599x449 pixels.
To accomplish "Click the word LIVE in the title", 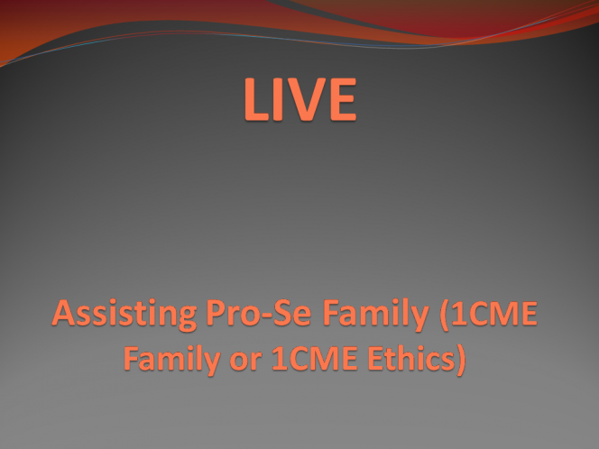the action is [300, 99].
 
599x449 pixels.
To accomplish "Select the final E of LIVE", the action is [344, 99].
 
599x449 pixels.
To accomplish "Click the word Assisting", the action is [124, 315].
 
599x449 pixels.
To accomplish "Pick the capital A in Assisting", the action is [63, 313].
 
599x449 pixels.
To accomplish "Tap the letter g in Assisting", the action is [187, 318].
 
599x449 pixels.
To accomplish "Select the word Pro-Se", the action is [258, 313].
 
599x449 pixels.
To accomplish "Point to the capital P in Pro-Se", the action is [215, 313].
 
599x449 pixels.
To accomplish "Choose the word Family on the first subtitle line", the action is [376, 315].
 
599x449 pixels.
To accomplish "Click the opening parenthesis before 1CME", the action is [444, 315].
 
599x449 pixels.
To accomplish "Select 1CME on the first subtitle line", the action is [494, 313].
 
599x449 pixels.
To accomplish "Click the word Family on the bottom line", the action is [172, 360].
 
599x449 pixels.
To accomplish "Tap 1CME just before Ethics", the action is [315, 358].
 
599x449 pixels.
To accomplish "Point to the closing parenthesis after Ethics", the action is [461, 360].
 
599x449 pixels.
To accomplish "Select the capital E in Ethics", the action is [376, 358].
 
